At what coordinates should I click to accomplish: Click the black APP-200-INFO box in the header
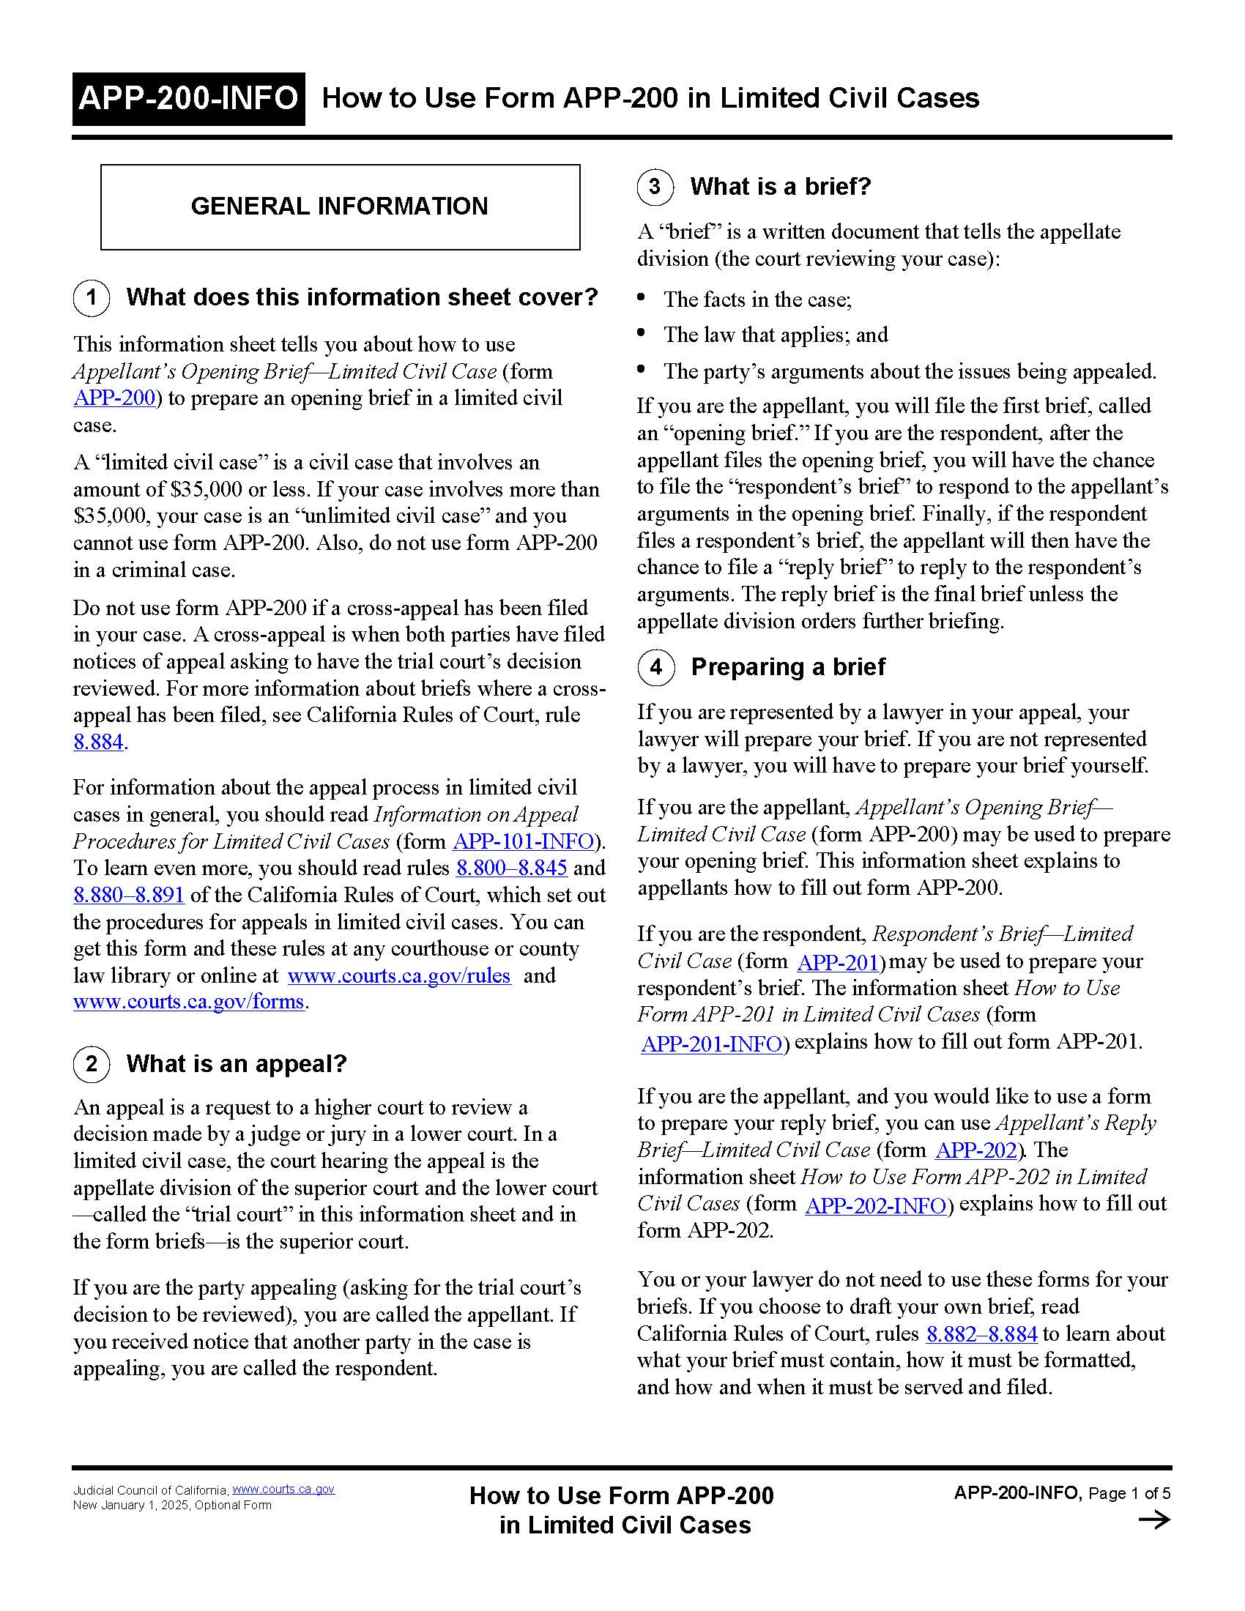pyautogui.click(x=188, y=99)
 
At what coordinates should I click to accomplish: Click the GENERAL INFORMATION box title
pyautogui.click(x=339, y=206)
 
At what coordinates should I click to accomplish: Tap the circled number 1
pyautogui.click(x=92, y=298)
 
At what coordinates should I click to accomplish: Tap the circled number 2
pyautogui.click(x=92, y=1065)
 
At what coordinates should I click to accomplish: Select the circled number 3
pyautogui.click(x=655, y=187)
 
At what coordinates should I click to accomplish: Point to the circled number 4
pyautogui.click(x=655, y=668)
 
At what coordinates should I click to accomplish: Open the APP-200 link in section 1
pyautogui.click(x=114, y=398)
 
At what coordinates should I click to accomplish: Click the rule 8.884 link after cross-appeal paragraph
pyautogui.click(x=99, y=742)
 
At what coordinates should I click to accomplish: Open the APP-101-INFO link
pyautogui.click(x=523, y=841)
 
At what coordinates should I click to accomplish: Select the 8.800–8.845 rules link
pyautogui.click(x=511, y=868)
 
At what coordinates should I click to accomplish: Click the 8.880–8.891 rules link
pyautogui.click(x=128, y=896)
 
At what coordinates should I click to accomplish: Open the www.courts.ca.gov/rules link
pyautogui.click(x=398, y=976)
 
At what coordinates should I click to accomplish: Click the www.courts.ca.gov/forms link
pyautogui.click(x=188, y=1002)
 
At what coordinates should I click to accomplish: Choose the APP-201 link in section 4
pyautogui.click(x=838, y=963)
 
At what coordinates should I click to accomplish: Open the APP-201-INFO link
pyautogui.click(x=711, y=1043)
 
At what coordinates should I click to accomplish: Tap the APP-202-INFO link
pyautogui.click(x=875, y=1205)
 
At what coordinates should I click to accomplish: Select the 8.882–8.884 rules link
pyautogui.click(x=981, y=1333)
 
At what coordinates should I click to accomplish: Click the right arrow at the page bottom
pyautogui.click(x=1154, y=1519)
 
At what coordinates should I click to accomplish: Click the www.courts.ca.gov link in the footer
pyautogui.click(x=283, y=1489)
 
